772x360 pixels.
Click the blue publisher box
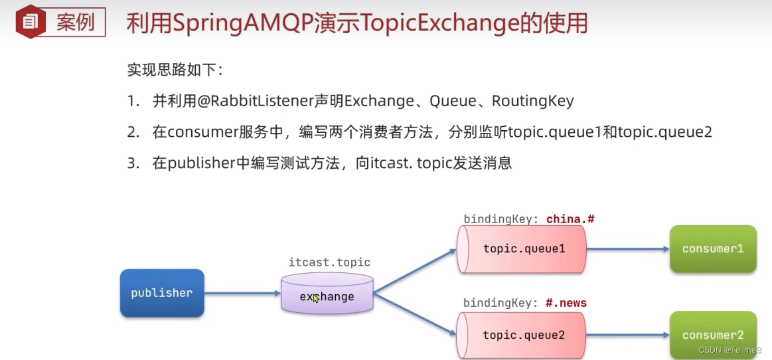(x=162, y=293)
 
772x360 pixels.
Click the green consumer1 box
(x=713, y=249)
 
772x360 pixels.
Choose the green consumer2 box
(x=713, y=335)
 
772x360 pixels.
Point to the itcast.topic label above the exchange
(x=329, y=262)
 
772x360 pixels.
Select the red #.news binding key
(x=566, y=303)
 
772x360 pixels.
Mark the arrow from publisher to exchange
(x=242, y=293)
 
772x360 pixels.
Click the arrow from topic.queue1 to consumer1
(x=627, y=249)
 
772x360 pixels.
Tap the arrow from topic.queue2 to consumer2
(x=627, y=335)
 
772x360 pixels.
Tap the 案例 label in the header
(x=75, y=23)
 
